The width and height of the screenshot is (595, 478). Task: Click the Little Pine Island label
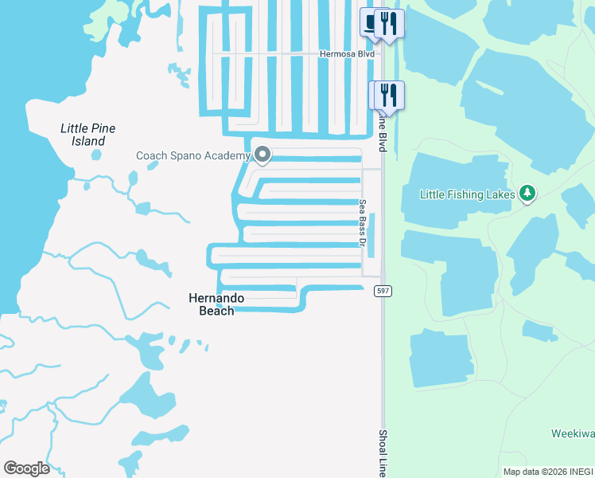[87, 135]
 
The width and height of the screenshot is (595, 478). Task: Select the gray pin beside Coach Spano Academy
[262, 155]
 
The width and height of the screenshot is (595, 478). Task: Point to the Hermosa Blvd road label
[346, 54]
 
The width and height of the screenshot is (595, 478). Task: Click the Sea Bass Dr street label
[362, 223]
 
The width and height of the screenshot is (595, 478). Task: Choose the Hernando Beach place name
[216, 304]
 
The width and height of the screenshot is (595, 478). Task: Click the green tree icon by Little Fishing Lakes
[527, 193]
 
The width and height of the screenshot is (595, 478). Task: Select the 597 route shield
[383, 292]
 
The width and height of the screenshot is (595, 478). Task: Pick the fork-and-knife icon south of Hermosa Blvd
[388, 95]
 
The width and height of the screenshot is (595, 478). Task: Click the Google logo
[26, 468]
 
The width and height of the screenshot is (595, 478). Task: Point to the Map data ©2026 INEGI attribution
[548, 472]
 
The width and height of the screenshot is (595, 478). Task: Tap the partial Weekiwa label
[573, 434]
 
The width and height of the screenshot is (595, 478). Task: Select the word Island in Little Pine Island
[88, 141]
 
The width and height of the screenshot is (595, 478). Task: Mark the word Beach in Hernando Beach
[216, 311]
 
